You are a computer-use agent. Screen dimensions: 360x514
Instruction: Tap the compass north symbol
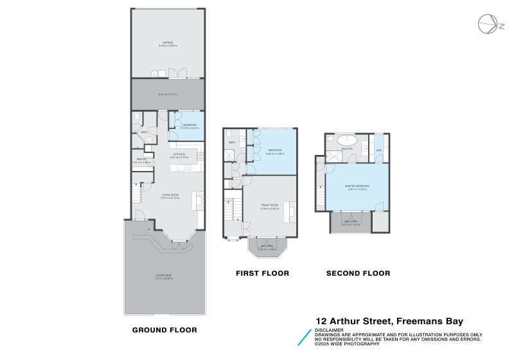(487, 24)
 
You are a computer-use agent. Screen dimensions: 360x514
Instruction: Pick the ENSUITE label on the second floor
(348, 148)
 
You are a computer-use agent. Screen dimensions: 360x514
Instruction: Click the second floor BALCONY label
(349, 222)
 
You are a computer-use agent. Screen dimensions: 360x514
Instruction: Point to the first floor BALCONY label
(267, 246)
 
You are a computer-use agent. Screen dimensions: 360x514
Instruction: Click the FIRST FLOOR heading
(262, 273)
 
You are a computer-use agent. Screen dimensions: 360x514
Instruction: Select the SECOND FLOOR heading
(358, 273)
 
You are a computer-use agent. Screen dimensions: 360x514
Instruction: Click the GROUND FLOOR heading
(164, 330)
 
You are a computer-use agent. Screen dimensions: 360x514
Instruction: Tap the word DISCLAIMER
(328, 330)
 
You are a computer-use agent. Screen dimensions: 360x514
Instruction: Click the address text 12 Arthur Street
(353, 321)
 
